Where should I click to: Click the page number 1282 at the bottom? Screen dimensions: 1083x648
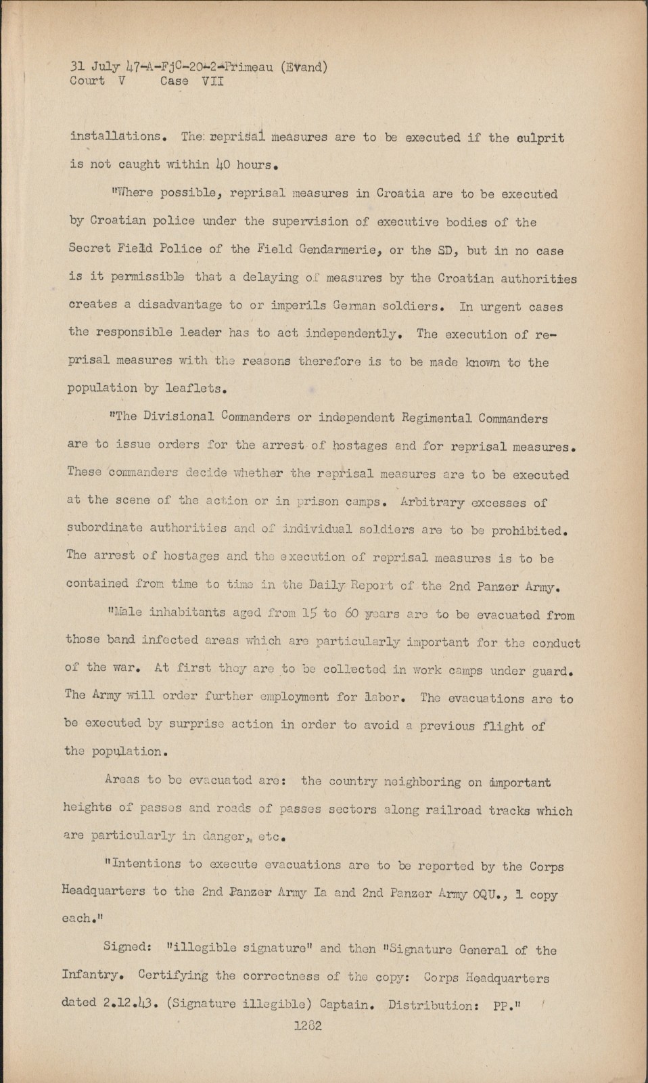308,1025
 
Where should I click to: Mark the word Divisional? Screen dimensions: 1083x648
176,417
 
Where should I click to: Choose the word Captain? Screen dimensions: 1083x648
347,1004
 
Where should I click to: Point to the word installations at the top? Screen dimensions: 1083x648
115,136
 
